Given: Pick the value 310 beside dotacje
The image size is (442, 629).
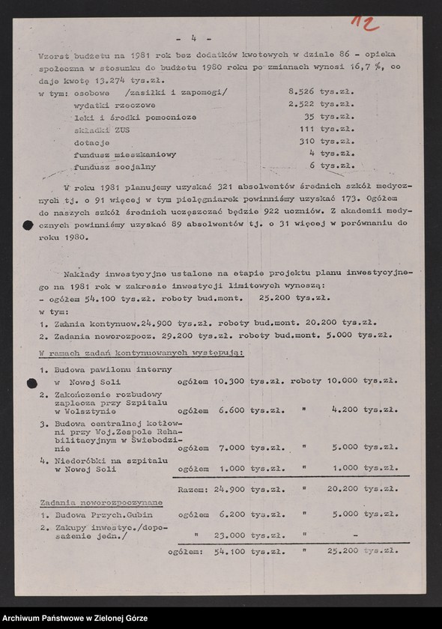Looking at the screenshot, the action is (x=305, y=142).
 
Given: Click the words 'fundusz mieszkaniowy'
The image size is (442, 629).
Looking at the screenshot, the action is (x=125, y=154).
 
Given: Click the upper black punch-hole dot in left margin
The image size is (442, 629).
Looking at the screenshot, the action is (x=28, y=225).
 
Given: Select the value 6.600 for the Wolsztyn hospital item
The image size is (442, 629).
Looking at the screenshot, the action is (x=232, y=410).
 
